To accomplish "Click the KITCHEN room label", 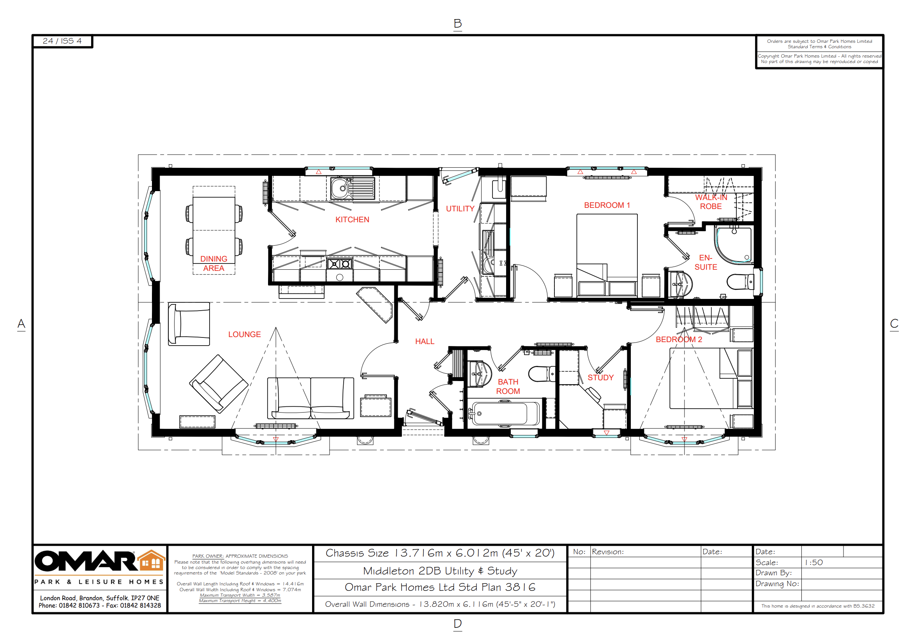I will (352, 220).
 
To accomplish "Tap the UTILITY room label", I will (460, 209).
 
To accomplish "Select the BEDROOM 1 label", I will (607, 205).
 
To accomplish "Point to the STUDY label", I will (600, 378).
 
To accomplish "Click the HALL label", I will (424, 342).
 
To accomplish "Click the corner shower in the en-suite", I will (732, 244).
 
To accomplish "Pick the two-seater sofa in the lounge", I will (310, 398).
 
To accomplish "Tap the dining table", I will (214, 230).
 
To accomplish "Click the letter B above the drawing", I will (457, 24).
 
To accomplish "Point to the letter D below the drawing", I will (457, 623).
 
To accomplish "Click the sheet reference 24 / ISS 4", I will (62, 41).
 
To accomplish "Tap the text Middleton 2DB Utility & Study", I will (440, 571).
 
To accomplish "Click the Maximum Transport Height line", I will (240, 601).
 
